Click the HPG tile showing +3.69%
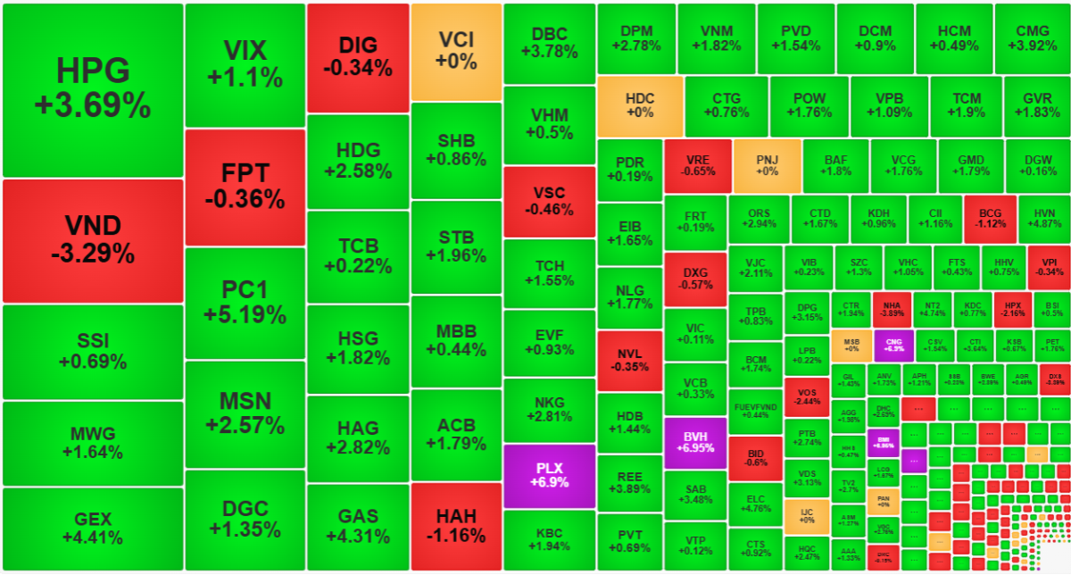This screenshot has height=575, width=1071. [x=92, y=89]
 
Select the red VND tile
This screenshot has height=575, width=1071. [x=92, y=239]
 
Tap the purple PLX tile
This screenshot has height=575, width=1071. [x=549, y=474]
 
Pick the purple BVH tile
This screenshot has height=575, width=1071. [x=695, y=442]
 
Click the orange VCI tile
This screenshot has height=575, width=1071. [x=456, y=51]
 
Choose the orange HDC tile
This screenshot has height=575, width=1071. [x=640, y=105]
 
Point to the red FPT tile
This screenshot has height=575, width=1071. [x=245, y=185]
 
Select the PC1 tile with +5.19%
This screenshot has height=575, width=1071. [x=245, y=302]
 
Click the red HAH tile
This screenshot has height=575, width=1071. [x=456, y=526]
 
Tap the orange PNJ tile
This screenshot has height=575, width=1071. [x=767, y=165]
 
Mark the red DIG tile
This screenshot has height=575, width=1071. [x=358, y=56]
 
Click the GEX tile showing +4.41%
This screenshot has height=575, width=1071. [x=92, y=528]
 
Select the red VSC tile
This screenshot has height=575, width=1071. [x=549, y=201]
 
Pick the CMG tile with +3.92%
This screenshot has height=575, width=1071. [x=1033, y=37]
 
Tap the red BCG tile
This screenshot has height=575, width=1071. [x=990, y=219]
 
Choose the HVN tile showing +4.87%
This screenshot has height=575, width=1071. [x=1044, y=219]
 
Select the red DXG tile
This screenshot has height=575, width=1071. [x=695, y=279]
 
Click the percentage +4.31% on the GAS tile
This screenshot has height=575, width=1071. [x=358, y=537]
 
